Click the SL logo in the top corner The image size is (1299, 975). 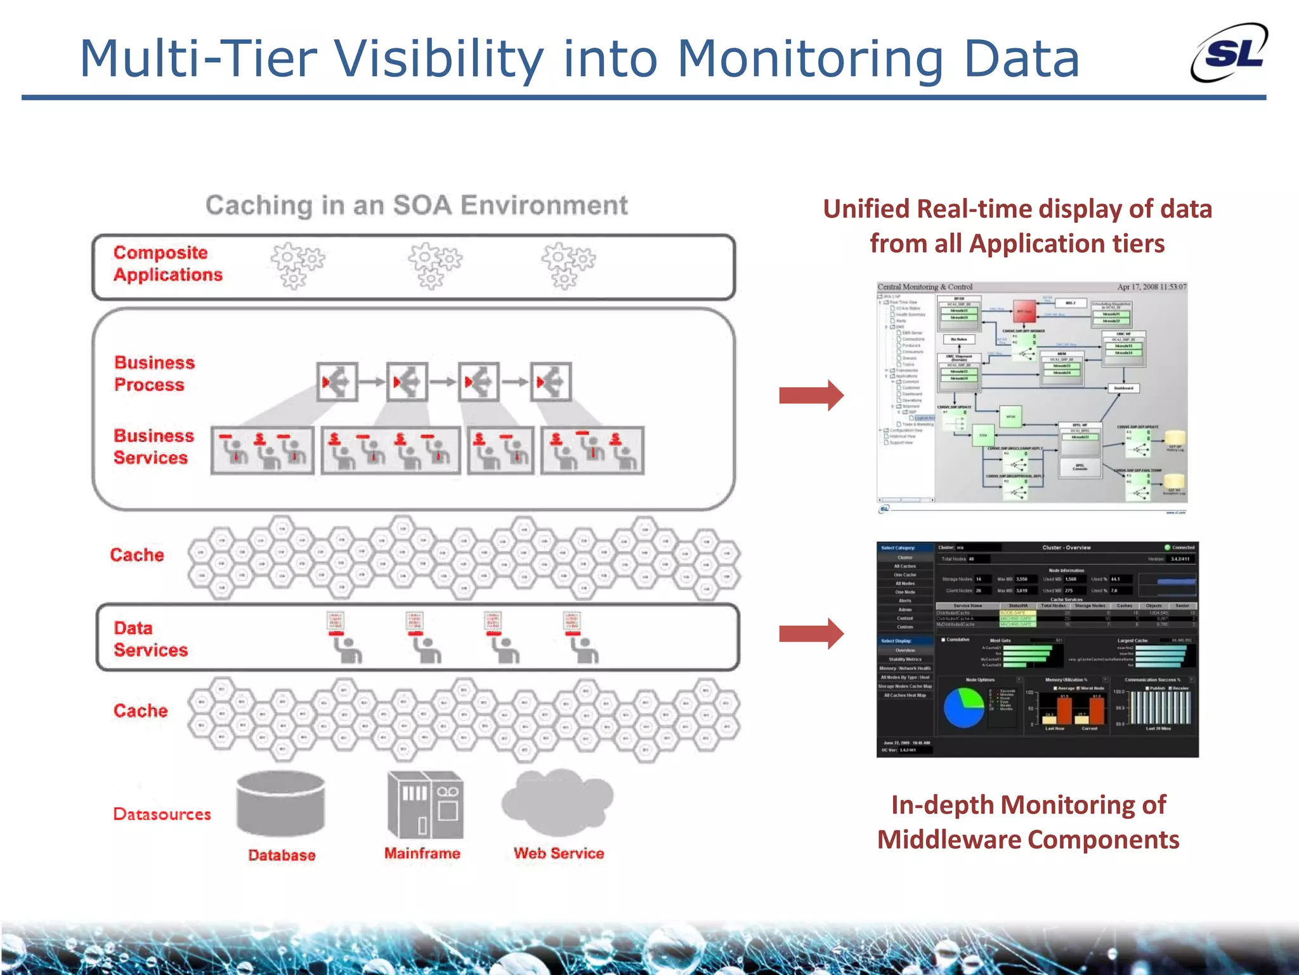tap(1229, 53)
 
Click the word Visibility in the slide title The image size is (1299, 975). tap(438, 59)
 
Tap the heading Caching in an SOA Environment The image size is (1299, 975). tap(417, 206)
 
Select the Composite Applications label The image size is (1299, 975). tap(167, 263)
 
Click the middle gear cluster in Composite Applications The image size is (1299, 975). tap(434, 265)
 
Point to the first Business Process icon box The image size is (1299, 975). tap(337, 382)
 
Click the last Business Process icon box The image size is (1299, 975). tap(551, 382)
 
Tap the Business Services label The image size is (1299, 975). tap(153, 447)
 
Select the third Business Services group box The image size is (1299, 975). tap(500, 451)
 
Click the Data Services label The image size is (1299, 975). tap(150, 639)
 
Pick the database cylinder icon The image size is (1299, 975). tap(280, 803)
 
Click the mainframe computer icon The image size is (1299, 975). tap(425, 804)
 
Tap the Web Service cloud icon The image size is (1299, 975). tap(557, 802)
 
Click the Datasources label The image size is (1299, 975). tap(162, 814)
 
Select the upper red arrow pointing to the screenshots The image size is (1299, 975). tap(811, 395)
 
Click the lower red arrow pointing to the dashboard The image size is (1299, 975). tap(811, 633)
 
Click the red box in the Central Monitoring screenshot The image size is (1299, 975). tap(1024, 311)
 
